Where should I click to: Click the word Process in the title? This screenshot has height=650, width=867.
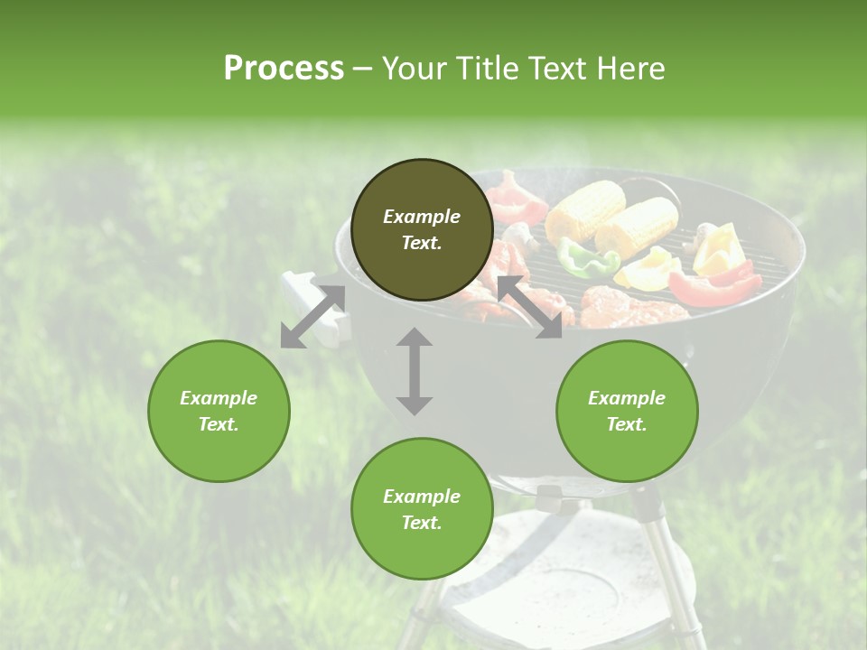pyautogui.click(x=284, y=69)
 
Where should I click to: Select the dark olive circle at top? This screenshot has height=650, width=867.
pyautogui.click(x=422, y=230)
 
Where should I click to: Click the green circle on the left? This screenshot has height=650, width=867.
pyautogui.click(x=219, y=411)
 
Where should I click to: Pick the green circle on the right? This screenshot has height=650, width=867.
pyautogui.click(x=627, y=411)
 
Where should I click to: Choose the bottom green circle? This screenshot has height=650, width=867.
pyautogui.click(x=422, y=509)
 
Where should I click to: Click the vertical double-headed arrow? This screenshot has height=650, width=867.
pyautogui.click(x=415, y=371)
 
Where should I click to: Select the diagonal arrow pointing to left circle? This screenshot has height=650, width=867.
pyautogui.click(x=312, y=317)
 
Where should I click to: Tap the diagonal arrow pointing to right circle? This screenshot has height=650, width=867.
pyautogui.click(x=530, y=307)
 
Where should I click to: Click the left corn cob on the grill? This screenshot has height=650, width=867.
pyautogui.click(x=585, y=208)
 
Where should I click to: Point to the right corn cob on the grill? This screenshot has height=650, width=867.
pyautogui.click(x=637, y=225)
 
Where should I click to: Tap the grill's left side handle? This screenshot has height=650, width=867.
pyautogui.click(x=312, y=307)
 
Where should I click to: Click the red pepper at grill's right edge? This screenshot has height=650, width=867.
pyautogui.click(x=714, y=287)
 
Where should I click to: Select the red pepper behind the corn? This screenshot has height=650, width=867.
pyautogui.click(x=517, y=199)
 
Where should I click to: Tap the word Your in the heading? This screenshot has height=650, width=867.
pyautogui.click(x=414, y=69)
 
